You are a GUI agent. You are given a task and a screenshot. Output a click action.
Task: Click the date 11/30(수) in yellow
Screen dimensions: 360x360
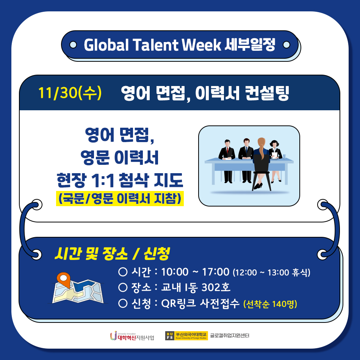point(70,93)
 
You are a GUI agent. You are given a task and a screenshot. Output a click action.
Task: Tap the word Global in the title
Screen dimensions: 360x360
point(106,45)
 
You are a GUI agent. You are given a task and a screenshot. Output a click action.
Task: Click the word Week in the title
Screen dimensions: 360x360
point(201,45)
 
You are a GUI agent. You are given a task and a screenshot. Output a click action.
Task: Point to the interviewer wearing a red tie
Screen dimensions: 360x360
point(227,161)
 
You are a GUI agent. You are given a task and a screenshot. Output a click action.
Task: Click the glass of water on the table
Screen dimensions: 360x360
point(284,157)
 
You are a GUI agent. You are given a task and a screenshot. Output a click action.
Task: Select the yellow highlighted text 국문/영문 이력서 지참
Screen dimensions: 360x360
point(120,198)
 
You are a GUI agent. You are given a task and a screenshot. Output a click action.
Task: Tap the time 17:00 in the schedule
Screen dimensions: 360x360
point(216,272)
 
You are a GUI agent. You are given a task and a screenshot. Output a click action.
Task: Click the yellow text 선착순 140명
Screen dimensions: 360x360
point(270,304)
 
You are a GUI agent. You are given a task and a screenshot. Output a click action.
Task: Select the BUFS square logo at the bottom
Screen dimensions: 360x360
point(170,336)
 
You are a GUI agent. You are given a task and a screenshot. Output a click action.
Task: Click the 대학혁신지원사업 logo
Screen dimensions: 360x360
point(132,336)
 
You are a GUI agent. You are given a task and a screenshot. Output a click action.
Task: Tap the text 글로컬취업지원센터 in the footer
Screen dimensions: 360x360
point(230,336)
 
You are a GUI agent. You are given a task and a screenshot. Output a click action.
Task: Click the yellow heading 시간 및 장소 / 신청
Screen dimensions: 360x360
point(112,254)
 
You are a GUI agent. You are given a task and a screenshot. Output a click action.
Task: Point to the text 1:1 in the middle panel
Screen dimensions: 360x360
point(102,180)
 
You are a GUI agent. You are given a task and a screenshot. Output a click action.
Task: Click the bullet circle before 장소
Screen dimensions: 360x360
point(123,287)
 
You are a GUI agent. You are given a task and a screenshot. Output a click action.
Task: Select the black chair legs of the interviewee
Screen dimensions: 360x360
point(261,182)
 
